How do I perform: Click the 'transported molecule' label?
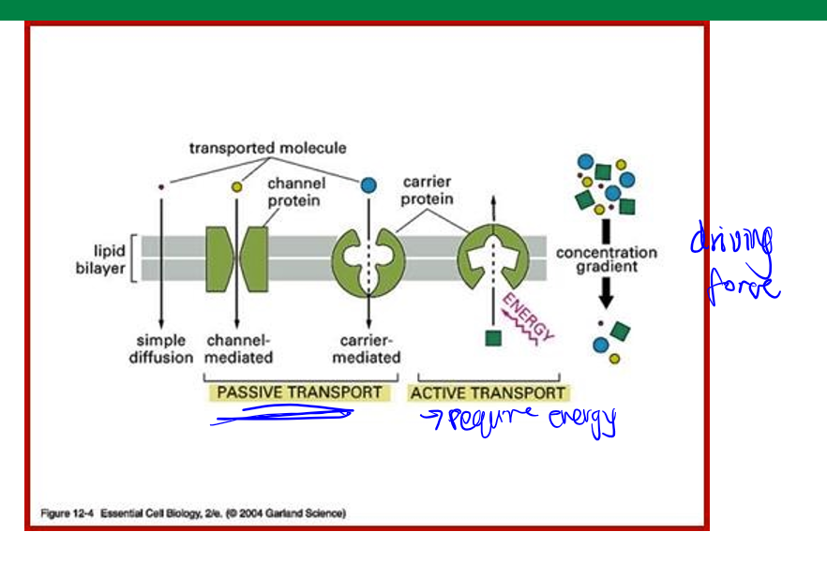[267, 148]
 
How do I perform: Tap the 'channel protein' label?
[295, 192]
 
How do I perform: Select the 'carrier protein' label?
[428, 190]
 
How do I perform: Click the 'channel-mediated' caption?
[239, 348]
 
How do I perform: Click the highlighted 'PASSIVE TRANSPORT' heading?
[299, 392]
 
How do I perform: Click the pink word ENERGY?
[529, 318]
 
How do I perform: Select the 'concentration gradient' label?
[606, 259]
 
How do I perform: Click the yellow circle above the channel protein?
[237, 187]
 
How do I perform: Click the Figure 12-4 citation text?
[193, 513]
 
